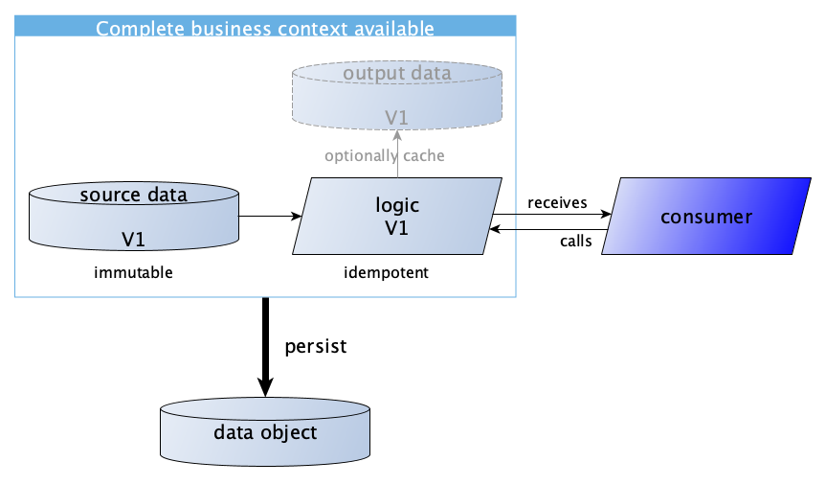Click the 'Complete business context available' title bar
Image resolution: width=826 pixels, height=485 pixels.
265,28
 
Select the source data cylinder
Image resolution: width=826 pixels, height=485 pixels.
133,215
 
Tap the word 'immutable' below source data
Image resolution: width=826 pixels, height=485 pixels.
133,273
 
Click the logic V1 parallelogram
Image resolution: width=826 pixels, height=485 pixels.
397,217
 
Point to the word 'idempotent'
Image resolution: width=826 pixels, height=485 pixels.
386,273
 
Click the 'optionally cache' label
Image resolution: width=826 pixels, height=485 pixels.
384,155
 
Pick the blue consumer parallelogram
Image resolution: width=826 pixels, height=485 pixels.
706,217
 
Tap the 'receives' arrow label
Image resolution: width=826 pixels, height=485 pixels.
557,203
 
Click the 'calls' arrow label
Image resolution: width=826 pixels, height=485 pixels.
575,242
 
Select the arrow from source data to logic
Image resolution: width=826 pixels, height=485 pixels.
270,216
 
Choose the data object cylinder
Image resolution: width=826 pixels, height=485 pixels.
264,433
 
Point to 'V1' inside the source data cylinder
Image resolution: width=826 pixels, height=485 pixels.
133,237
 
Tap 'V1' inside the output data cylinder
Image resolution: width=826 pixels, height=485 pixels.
396,117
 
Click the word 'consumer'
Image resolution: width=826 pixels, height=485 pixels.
706,217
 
